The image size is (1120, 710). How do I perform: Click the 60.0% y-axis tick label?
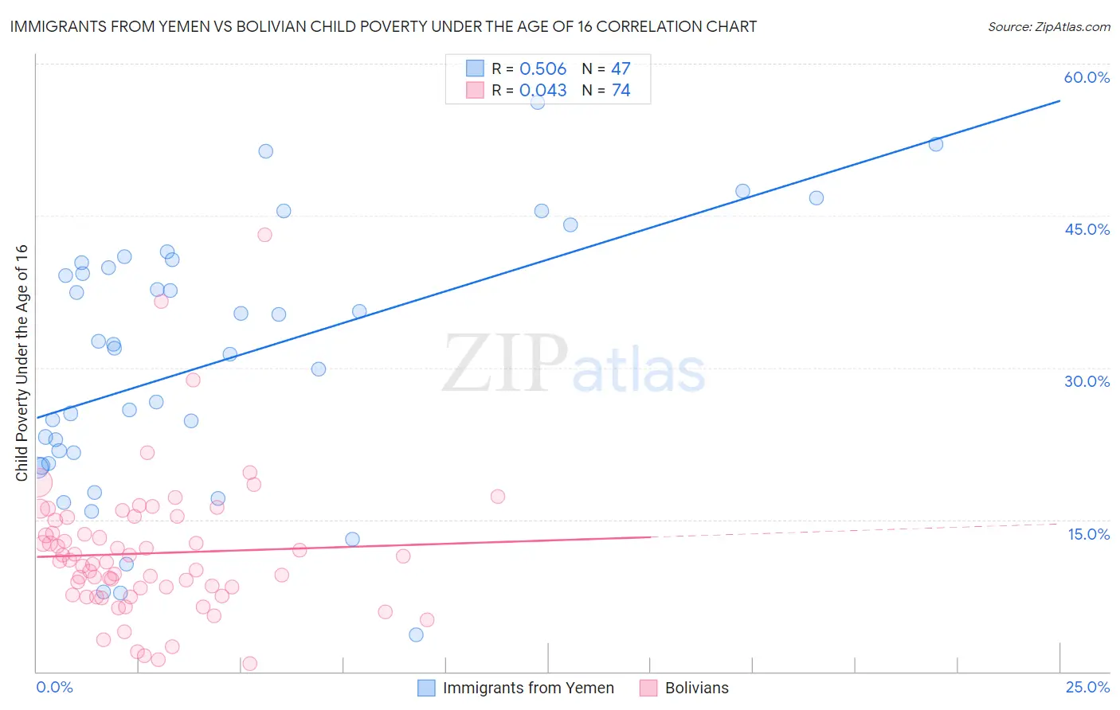(1087, 77)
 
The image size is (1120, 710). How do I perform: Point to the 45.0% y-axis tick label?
(1087, 229)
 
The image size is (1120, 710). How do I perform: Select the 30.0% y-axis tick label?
(1087, 381)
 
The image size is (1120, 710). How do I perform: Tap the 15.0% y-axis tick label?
(1088, 534)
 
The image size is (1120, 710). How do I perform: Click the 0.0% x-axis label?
(54, 687)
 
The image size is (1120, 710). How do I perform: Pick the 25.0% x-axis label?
(1087, 687)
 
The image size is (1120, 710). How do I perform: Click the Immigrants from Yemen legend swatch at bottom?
(426, 688)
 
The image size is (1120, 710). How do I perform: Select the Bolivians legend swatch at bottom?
(648, 688)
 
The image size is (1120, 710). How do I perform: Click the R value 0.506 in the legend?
(542, 68)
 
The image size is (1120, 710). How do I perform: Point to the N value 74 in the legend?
(621, 90)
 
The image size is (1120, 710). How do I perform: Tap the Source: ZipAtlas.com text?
(1048, 26)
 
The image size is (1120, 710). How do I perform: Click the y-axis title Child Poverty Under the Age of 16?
(22, 362)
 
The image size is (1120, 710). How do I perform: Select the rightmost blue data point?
(936, 144)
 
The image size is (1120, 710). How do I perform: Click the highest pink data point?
(264, 235)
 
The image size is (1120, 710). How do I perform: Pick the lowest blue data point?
(416, 634)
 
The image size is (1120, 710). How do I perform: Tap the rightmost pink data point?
(498, 497)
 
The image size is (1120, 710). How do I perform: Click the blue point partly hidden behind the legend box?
(538, 102)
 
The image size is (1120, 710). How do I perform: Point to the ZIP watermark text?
(505, 364)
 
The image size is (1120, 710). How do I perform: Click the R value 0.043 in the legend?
(542, 90)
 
